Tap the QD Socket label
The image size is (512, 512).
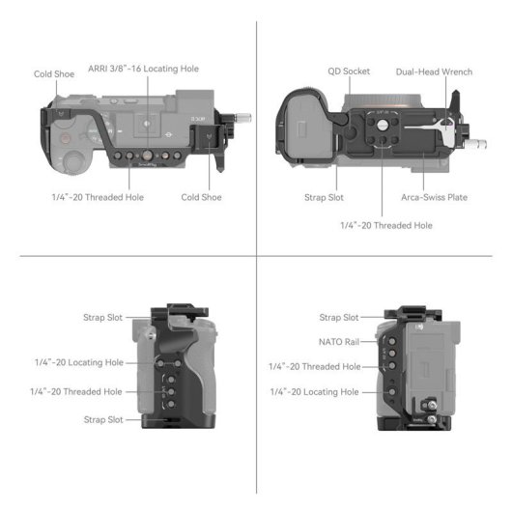point(349,71)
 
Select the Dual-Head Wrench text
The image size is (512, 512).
point(435,71)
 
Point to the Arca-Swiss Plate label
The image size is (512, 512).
point(435,197)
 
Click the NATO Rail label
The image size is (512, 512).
point(339,341)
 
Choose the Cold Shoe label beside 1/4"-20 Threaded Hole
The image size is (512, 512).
point(202,197)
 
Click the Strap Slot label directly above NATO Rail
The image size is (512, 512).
point(339,317)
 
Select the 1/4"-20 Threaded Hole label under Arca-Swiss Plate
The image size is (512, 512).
point(385,225)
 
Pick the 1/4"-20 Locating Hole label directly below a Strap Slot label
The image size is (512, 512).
point(74,362)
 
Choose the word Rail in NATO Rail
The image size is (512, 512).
point(351,341)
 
